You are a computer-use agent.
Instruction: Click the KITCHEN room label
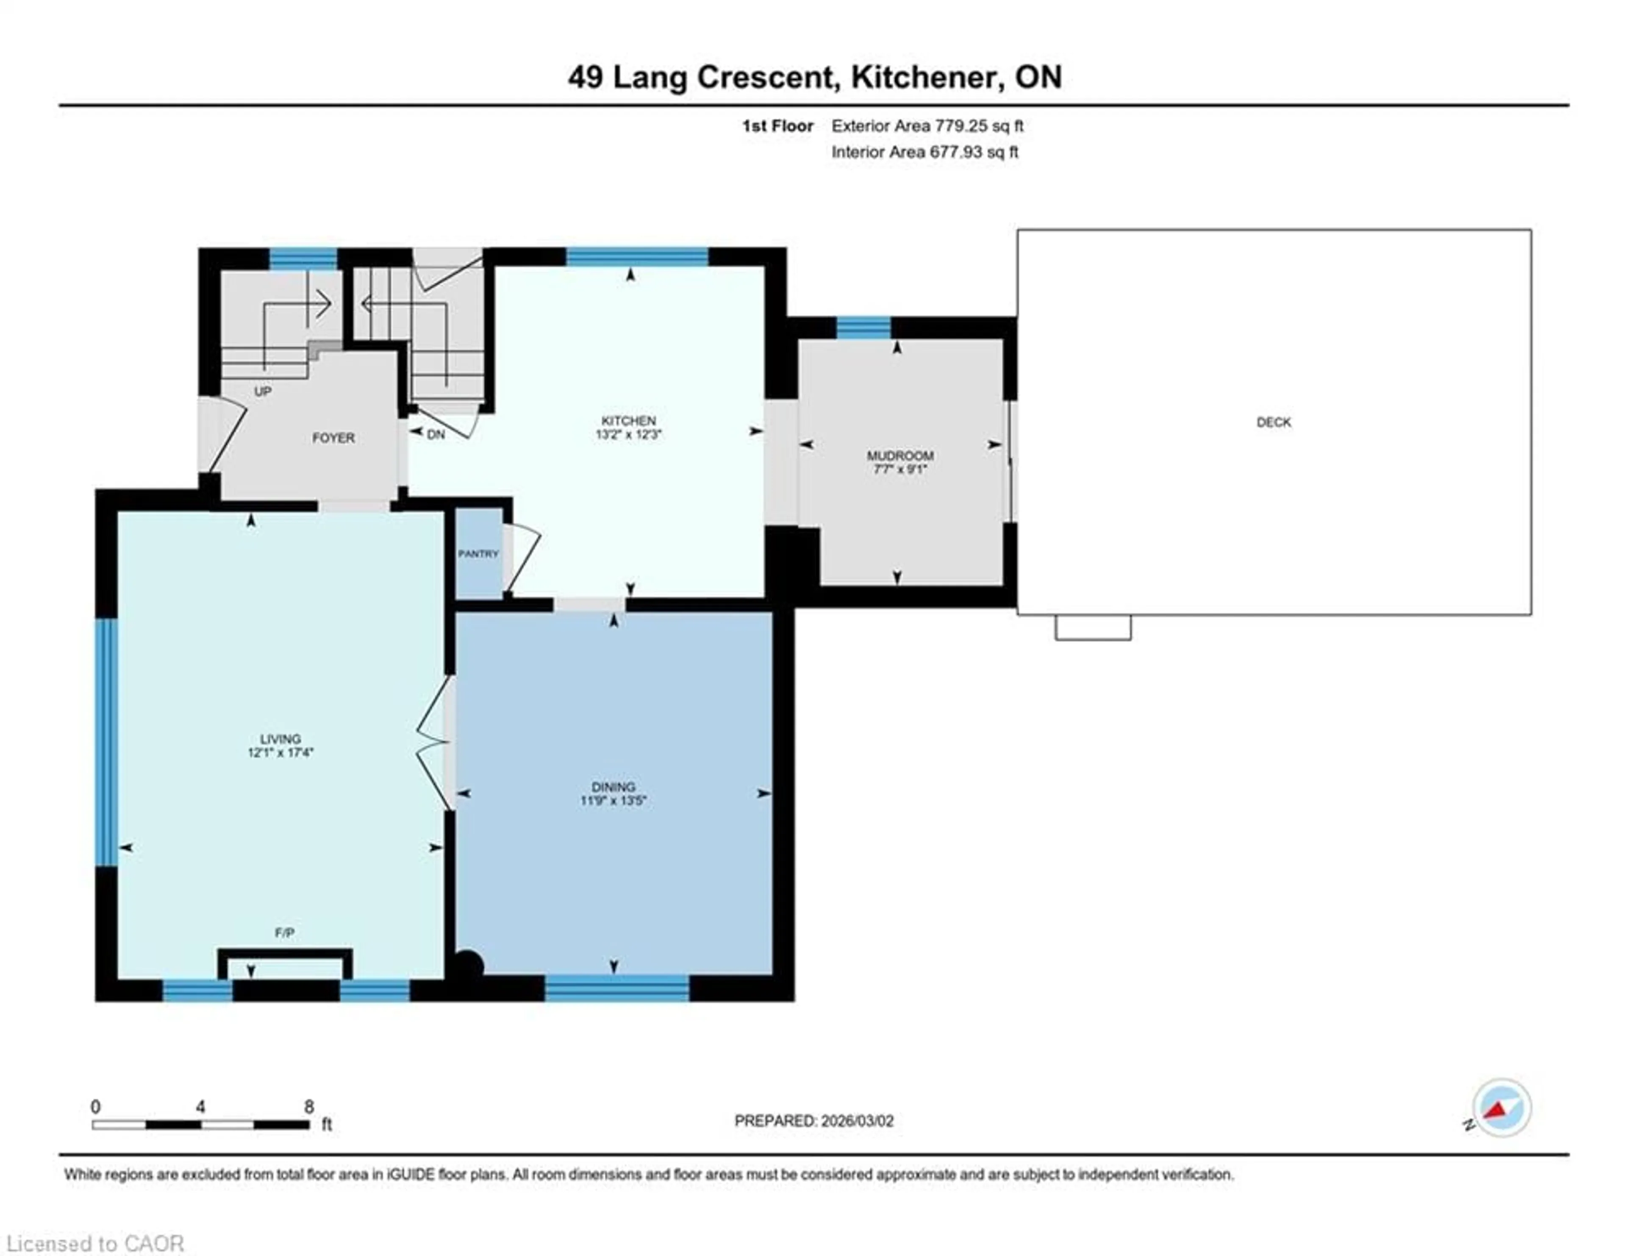[628, 420]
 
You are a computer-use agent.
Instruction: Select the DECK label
[1273, 422]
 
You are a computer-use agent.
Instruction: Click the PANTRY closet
[478, 553]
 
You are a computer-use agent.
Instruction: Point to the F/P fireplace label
[284, 932]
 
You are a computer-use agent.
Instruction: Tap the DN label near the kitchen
[436, 434]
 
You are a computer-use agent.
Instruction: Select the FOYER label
[333, 437]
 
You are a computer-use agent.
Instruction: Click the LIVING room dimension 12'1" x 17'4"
[280, 753]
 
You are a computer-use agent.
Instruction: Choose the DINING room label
[613, 786]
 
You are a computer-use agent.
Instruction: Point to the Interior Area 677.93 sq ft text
[925, 152]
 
